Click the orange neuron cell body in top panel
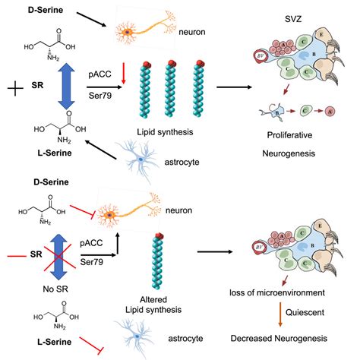[x=125, y=32]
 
